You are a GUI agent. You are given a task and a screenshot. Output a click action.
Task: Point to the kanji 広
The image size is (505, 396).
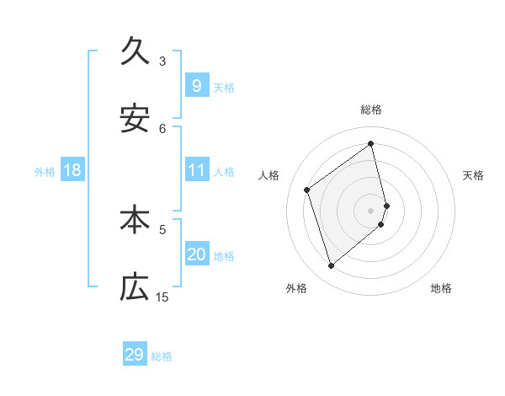(x=135, y=287)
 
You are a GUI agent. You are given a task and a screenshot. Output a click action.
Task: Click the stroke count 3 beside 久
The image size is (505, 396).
(x=162, y=61)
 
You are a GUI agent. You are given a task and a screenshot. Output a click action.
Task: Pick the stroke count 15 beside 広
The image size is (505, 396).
(x=162, y=297)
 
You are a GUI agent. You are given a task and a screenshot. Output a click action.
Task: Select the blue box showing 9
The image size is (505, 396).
(x=196, y=85)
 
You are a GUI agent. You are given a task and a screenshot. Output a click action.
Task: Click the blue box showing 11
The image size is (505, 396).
(x=196, y=170)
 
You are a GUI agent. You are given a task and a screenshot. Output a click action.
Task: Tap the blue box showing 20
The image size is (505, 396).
(x=196, y=254)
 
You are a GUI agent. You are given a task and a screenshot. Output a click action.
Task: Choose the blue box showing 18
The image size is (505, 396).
(x=72, y=170)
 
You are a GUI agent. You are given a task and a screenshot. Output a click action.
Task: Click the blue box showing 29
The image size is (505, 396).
(x=135, y=355)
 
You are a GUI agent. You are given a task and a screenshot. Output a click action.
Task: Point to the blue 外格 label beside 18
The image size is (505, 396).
(x=45, y=172)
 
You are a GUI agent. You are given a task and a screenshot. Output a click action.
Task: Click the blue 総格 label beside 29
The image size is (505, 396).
(x=162, y=356)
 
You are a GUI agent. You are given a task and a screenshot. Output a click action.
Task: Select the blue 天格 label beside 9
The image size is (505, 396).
(x=224, y=87)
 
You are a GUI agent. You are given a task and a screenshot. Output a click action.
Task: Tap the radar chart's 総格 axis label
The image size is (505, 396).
(x=371, y=110)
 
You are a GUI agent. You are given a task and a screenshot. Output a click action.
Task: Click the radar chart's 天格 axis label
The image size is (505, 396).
(x=474, y=175)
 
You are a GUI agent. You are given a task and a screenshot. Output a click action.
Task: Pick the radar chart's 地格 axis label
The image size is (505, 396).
(x=441, y=288)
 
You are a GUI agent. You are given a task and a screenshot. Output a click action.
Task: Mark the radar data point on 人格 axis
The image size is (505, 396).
(x=307, y=190)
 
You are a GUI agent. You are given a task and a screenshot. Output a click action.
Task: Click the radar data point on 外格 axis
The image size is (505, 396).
(x=331, y=266)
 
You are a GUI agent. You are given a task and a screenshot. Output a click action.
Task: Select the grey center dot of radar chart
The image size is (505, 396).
(x=371, y=209)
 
